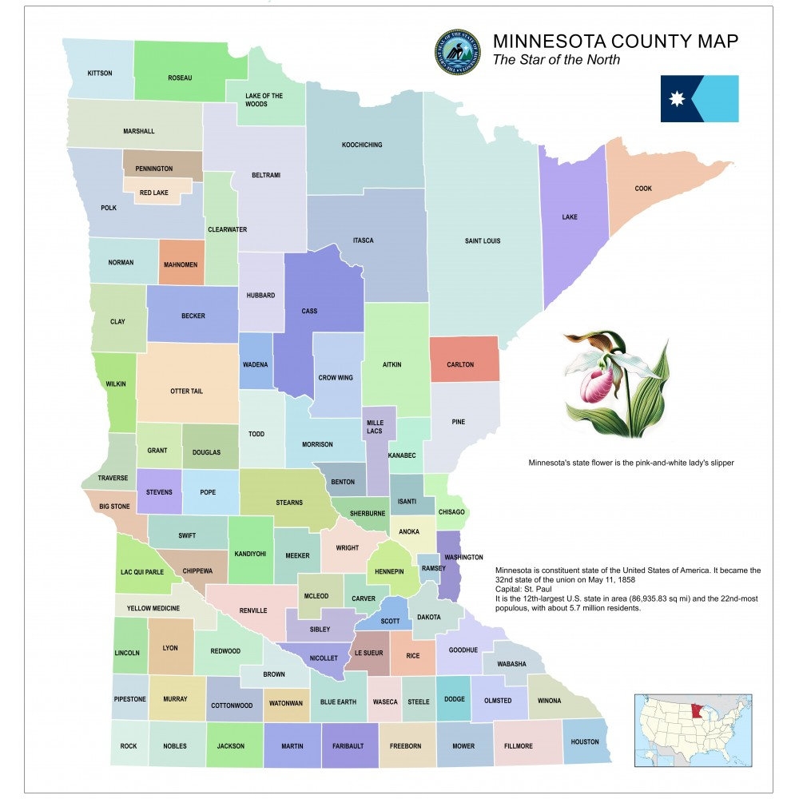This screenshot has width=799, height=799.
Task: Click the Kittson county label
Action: point(99,74)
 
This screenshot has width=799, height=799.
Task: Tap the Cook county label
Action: point(643,189)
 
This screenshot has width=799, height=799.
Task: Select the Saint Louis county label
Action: point(482,240)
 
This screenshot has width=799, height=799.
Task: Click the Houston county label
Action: point(584,741)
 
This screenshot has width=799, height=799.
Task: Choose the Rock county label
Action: point(129,746)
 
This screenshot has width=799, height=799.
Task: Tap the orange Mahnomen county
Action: point(181,264)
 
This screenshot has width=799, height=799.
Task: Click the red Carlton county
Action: point(461,364)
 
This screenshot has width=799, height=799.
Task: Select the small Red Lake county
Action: point(154,193)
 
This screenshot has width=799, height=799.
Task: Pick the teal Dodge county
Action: point(453,699)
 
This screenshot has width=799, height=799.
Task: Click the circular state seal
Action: point(458,53)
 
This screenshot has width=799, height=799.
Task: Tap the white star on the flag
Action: point(678,99)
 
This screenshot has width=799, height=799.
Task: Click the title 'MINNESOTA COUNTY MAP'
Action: point(615,42)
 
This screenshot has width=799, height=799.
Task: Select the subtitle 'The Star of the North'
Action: point(556,60)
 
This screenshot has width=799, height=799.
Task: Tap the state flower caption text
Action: point(630,463)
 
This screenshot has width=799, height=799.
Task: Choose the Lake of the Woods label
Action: point(264,100)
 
